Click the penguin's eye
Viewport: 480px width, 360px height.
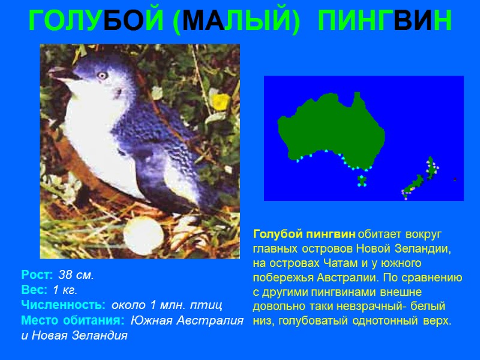[x=102, y=76]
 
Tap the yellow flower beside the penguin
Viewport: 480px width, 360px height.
[x=221, y=101]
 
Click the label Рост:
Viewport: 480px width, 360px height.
[x=38, y=276]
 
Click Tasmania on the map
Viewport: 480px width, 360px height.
[x=362, y=179]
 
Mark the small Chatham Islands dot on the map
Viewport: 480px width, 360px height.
[x=455, y=179]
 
